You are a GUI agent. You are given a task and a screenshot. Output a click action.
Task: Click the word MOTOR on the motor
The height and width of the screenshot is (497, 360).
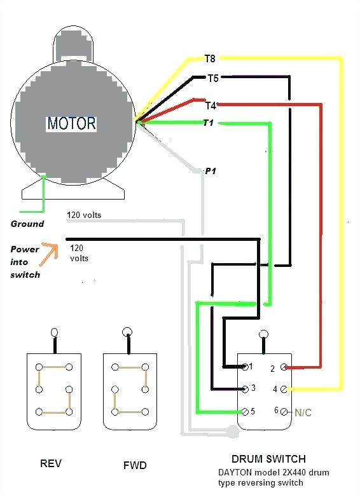point(71,123)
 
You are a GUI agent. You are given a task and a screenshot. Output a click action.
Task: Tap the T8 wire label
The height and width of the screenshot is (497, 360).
point(211,59)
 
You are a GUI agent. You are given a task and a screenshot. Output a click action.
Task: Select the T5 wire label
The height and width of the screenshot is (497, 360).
point(213,79)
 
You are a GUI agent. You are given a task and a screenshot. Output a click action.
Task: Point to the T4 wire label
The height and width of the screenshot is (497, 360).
point(211,106)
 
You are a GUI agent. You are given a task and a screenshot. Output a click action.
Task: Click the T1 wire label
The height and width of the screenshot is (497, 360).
point(207,123)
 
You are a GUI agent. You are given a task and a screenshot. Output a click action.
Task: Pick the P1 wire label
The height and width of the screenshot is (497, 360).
point(211,172)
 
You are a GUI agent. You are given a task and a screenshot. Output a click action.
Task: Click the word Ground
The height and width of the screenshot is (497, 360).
point(27,224)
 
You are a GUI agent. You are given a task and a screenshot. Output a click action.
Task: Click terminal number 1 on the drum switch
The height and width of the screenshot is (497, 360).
point(251,367)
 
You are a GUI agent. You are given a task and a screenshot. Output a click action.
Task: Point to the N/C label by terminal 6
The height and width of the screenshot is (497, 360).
point(303,412)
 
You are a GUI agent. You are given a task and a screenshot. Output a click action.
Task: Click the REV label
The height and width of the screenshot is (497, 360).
point(50,463)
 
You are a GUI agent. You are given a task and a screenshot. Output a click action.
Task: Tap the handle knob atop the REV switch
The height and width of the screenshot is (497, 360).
point(55,332)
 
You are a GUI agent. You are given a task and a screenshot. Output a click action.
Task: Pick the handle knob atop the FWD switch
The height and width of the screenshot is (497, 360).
point(128,331)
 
